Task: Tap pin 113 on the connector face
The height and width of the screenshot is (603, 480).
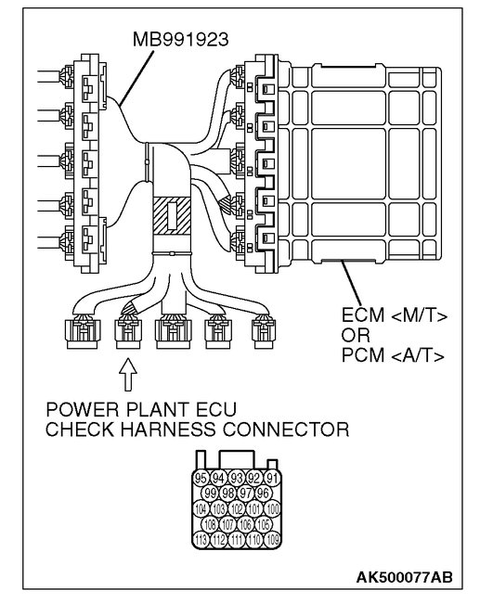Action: click(201, 541)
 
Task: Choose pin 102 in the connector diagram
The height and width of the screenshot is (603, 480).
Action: click(237, 508)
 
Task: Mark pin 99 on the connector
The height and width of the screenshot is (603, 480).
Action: click(211, 493)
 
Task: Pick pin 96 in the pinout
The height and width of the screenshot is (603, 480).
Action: click(264, 493)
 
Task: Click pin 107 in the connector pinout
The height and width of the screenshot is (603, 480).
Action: click(228, 525)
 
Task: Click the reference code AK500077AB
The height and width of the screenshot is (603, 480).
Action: click(405, 578)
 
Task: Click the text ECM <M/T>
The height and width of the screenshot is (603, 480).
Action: click(392, 316)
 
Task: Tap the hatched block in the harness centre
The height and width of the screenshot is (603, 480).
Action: click(173, 216)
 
